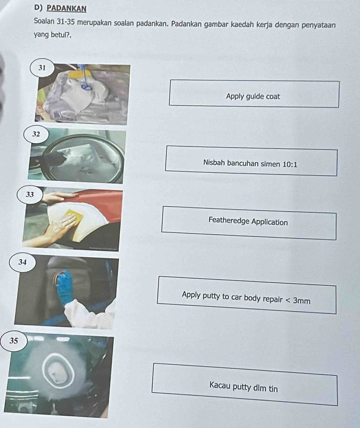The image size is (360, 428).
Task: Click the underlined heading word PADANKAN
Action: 67,8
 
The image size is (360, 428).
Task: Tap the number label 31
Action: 42,68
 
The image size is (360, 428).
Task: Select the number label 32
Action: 36,134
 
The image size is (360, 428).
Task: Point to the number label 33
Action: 30,195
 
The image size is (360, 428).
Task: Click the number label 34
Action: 22,262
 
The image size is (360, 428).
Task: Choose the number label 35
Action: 14,341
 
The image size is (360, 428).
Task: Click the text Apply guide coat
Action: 253,97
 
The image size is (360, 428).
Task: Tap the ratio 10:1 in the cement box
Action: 290,164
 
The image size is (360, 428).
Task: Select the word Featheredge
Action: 229,220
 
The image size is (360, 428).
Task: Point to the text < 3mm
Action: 298,300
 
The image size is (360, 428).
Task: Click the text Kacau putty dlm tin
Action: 243,387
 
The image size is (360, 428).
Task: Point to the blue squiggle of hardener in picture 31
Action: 87,86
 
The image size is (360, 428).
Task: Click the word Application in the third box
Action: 269,222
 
